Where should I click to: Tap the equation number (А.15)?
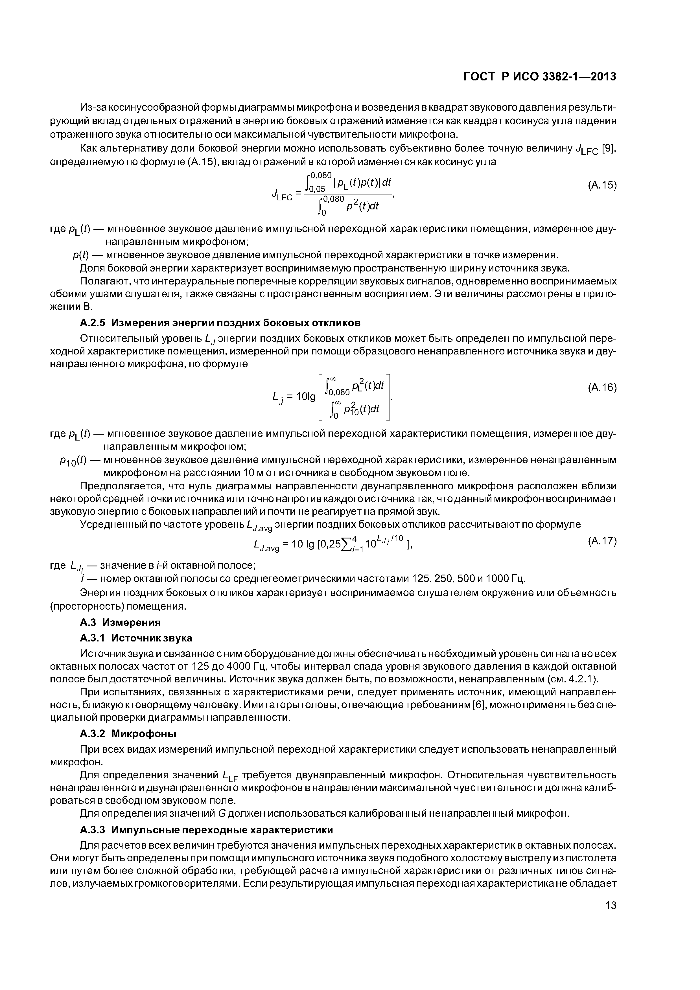point(602,185)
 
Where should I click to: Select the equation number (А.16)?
point(602,388)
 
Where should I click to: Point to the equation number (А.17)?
point(602,541)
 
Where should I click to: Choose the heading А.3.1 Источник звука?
point(136,638)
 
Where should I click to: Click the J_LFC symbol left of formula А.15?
point(283,196)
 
